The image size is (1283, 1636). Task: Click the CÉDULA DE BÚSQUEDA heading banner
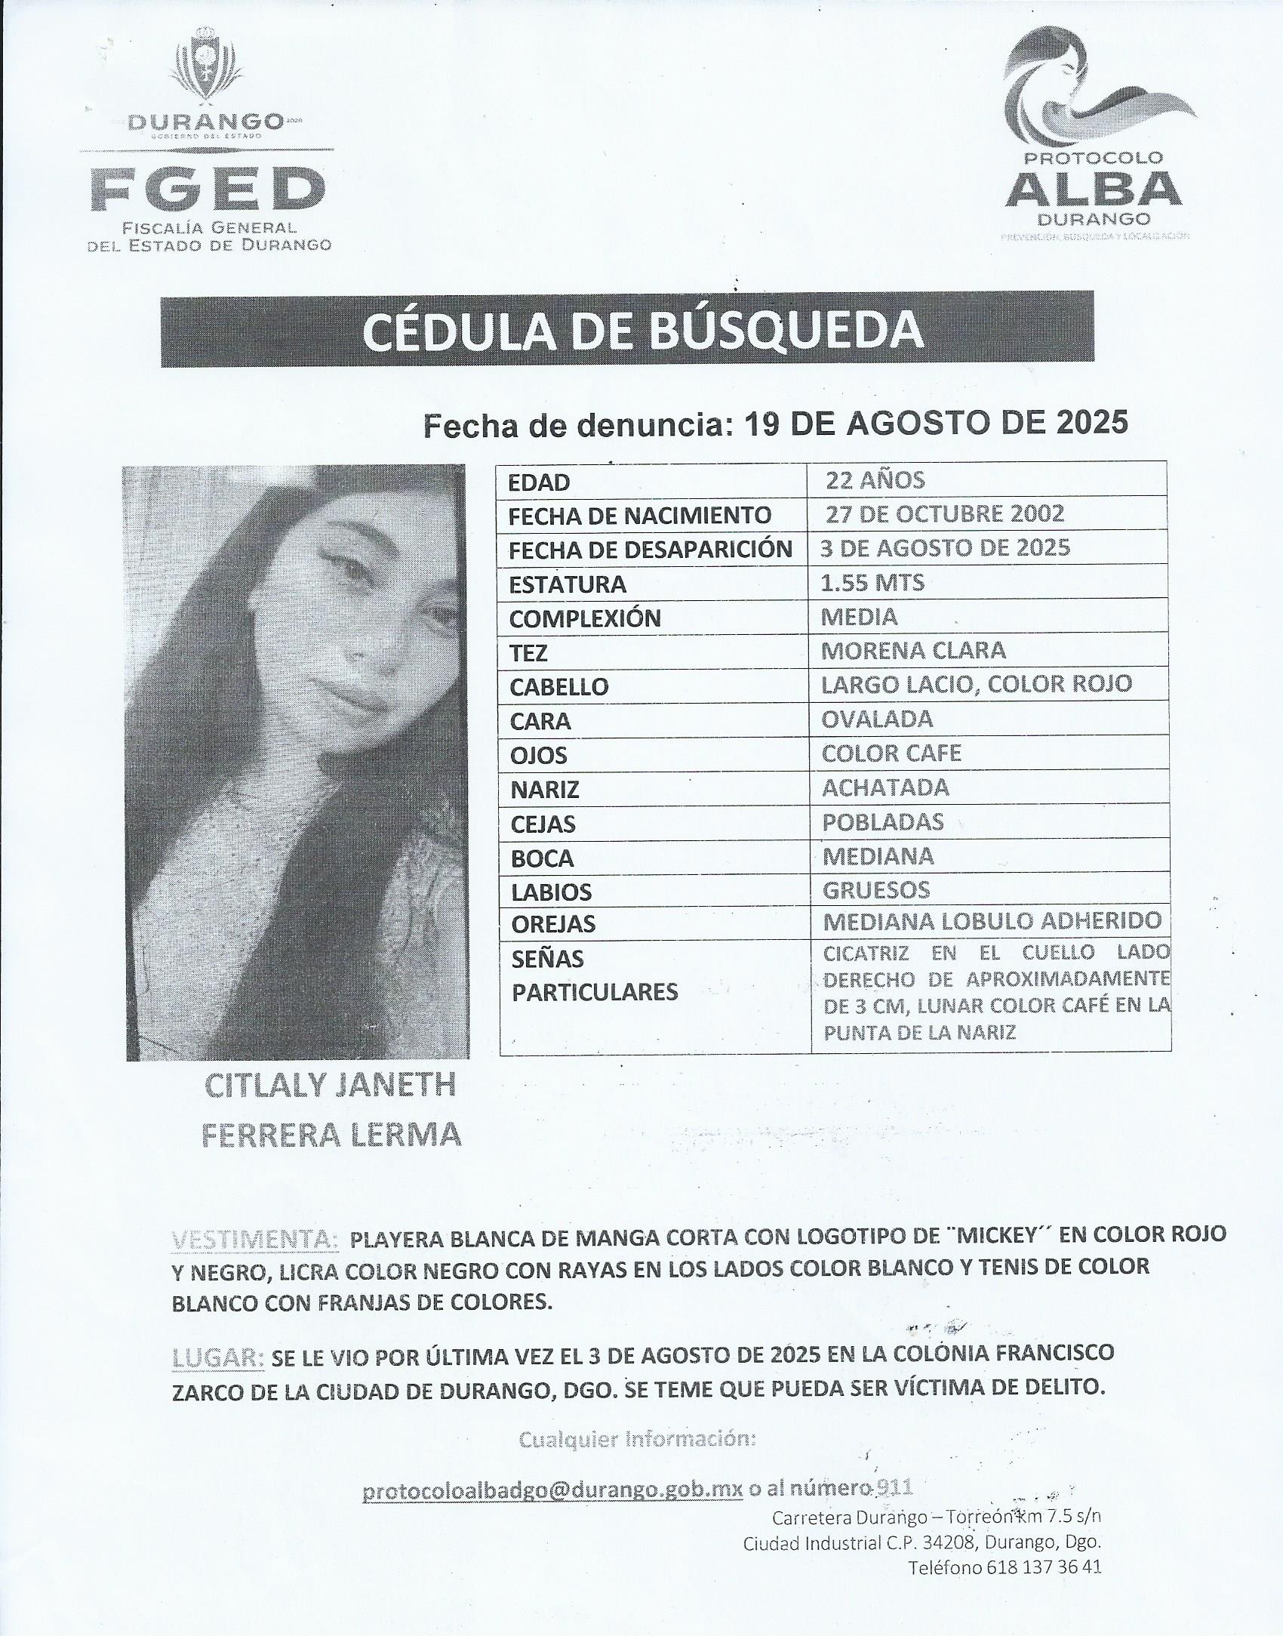[x=626, y=331]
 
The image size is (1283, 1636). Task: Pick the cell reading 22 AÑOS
[x=875, y=480]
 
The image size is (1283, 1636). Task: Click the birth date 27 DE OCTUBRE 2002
[x=944, y=514]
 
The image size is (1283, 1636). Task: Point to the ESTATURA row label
[x=568, y=584]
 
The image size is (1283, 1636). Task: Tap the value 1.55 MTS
[x=872, y=582]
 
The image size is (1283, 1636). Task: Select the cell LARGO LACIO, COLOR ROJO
[x=977, y=684]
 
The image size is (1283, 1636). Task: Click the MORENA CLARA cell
[x=913, y=650]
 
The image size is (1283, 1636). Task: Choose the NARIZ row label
[x=544, y=790]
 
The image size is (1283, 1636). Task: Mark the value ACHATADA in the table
[x=885, y=787]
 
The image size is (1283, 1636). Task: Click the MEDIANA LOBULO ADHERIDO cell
[x=992, y=921]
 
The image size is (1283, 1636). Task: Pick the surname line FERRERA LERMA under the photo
[x=331, y=1135]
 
